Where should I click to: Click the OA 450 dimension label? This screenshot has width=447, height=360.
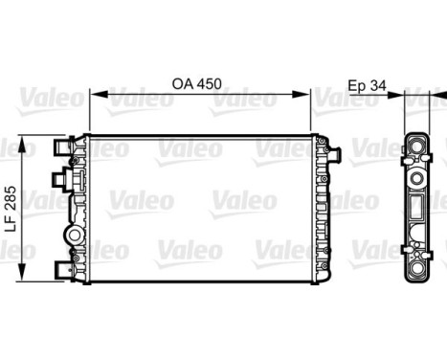(x=197, y=83)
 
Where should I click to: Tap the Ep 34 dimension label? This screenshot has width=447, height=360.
(x=365, y=83)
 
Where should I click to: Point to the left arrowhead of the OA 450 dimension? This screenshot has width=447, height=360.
(x=94, y=96)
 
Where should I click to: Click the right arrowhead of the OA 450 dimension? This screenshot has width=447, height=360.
(x=308, y=96)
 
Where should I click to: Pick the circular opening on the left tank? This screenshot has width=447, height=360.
(x=73, y=236)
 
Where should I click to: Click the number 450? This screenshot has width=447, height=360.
(x=209, y=83)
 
